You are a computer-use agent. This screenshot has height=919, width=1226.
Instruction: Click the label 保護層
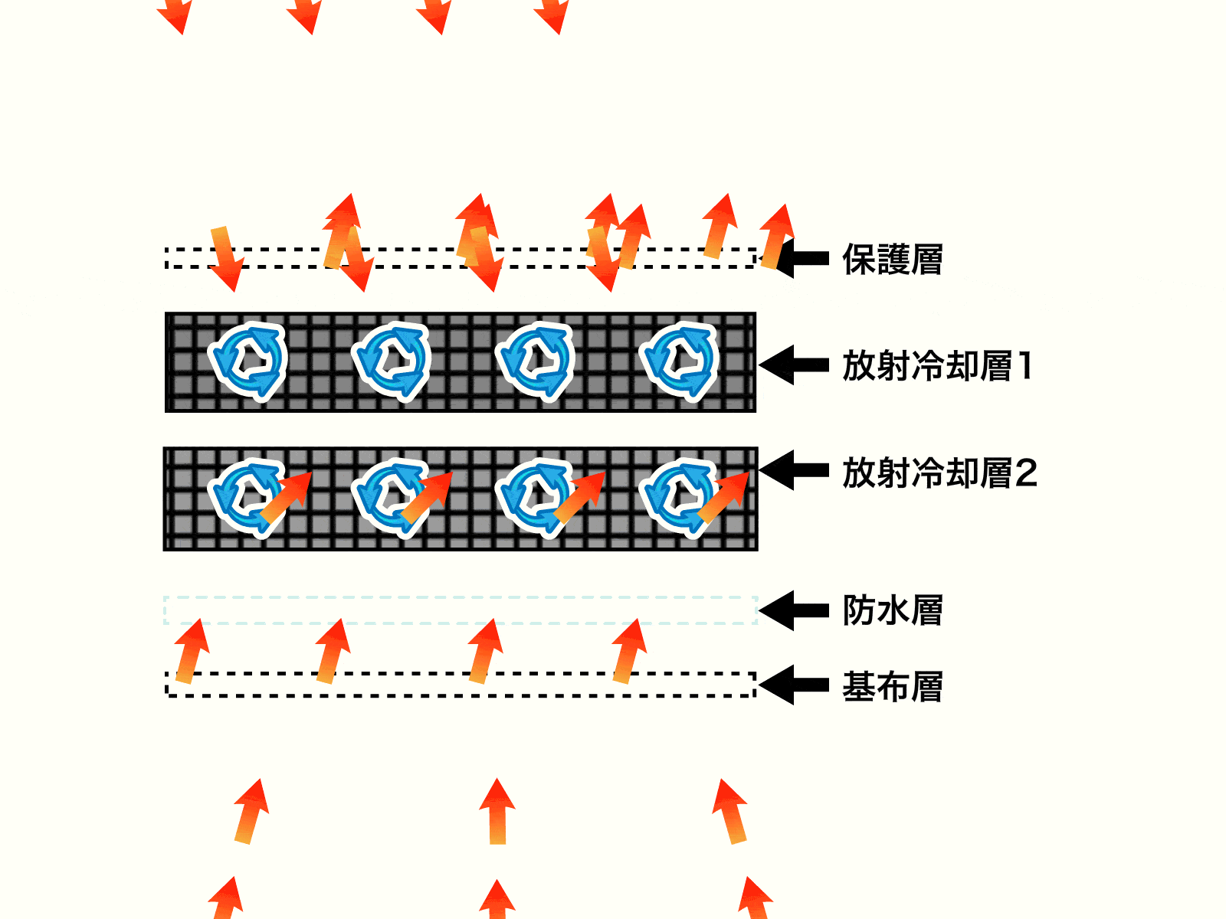(892, 260)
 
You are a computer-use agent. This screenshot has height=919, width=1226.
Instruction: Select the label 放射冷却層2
(939, 473)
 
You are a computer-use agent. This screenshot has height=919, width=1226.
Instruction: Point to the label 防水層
(892, 610)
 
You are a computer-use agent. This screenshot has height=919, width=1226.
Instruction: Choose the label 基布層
(892, 687)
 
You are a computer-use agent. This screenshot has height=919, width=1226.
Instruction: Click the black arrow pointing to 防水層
(794, 610)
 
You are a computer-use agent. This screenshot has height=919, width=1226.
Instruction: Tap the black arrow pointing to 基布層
(794, 685)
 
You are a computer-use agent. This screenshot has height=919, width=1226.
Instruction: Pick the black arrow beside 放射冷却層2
(794, 469)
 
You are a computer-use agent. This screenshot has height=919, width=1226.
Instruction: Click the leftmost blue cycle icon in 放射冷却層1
(247, 361)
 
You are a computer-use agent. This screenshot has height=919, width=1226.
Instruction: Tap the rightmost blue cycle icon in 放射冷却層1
(679, 361)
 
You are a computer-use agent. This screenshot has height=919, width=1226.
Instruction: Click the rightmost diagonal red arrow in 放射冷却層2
(723, 498)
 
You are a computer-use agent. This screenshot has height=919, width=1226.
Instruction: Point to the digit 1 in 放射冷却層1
(1024, 366)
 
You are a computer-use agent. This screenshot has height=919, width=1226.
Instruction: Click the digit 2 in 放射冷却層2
(1026, 473)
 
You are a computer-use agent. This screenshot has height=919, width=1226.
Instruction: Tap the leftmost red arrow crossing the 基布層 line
(191, 651)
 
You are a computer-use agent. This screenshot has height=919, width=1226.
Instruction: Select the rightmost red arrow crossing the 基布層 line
(629, 651)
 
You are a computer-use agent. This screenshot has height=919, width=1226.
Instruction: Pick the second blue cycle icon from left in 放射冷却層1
(391, 361)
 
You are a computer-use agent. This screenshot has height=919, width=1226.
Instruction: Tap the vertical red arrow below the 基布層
(497, 812)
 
